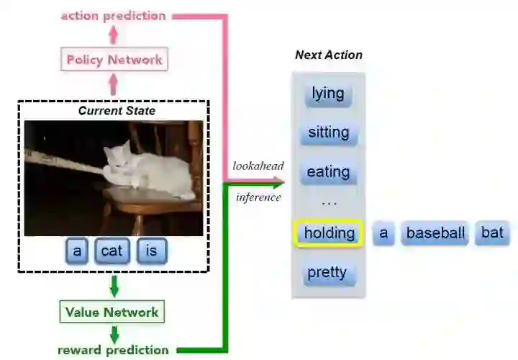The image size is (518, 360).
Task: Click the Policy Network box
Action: (x=115, y=60)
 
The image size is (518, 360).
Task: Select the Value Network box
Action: (x=112, y=312)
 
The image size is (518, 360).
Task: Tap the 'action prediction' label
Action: (x=113, y=15)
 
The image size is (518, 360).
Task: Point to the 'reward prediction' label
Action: (x=114, y=351)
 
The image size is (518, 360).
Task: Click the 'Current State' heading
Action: (x=117, y=111)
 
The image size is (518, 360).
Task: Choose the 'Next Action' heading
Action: (x=329, y=55)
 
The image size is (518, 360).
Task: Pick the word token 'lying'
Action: (x=328, y=94)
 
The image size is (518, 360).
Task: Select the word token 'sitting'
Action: (x=328, y=132)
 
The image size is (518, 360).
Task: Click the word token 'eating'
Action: (x=328, y=172)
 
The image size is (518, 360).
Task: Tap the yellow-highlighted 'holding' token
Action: (x=329, y=233)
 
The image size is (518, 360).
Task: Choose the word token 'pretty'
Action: (x=327, y=272)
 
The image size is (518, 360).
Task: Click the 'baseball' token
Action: (x=435, y=233)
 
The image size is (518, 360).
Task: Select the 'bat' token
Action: (x=492, y=233)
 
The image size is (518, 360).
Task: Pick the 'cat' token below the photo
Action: (x=112, y=251)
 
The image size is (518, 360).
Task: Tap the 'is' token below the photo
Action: (x=151, y=251)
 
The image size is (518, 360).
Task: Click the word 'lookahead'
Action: (x=258, y=166)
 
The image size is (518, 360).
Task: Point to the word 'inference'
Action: (x=258, y=197)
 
